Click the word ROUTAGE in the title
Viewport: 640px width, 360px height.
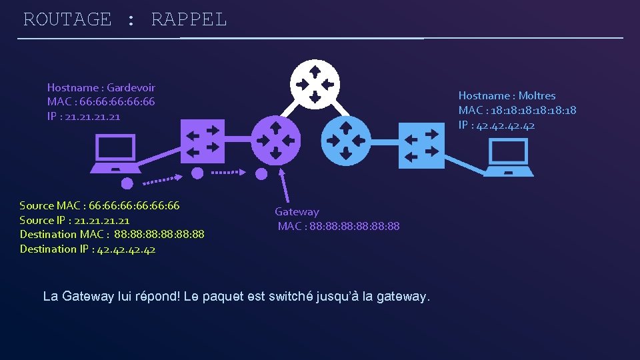[67, 19]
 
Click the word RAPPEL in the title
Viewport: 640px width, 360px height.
[189, 19]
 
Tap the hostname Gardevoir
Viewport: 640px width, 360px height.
[131, 87]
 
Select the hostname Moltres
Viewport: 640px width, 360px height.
[537, 96]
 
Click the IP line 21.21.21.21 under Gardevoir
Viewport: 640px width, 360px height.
[83, 117]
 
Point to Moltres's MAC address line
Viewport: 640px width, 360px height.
[517, 111]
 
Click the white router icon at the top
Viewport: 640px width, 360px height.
[315, 84]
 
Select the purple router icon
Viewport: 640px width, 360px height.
[275, 141]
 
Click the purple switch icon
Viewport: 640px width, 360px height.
[203, 141]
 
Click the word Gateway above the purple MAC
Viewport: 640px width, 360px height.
[297, 212]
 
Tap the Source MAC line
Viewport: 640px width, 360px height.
[99, 205]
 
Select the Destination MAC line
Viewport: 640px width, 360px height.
[112, 235]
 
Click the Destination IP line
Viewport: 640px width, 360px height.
[87, 249]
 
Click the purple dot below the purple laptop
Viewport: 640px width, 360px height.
[127, 183]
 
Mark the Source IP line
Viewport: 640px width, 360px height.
[75, 220]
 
